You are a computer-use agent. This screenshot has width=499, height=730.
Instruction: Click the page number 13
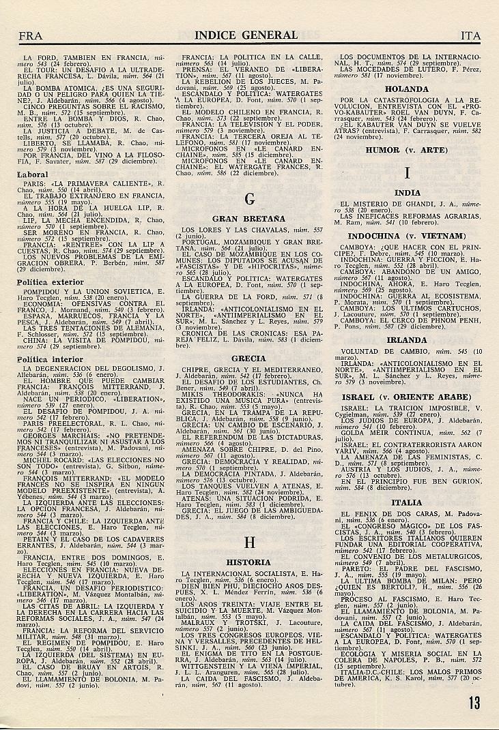[474, 701]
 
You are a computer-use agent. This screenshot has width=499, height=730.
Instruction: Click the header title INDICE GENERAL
[246, 35]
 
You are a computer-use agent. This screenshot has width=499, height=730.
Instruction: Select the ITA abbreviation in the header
[470, 35]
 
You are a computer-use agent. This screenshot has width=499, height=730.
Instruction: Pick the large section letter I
[407, 173]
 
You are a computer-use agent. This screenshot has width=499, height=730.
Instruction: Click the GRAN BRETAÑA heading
[248, 219]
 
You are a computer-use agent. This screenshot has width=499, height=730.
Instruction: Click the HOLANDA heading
[407, 89]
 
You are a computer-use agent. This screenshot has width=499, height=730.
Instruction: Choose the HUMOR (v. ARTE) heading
[407, 149]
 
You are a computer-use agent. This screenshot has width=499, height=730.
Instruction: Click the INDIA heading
[408, 193]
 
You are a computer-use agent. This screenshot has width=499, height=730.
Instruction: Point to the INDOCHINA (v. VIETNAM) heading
[407, 235]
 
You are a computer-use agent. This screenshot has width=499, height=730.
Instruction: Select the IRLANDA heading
[407, 339]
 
